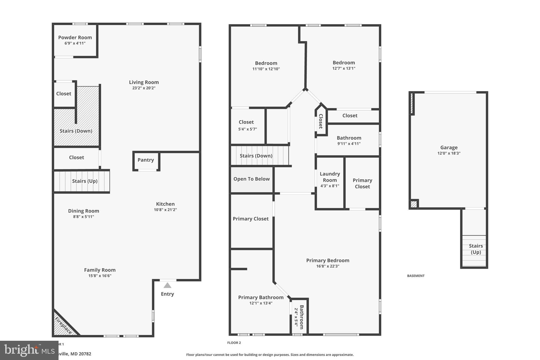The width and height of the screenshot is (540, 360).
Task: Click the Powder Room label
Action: (x=75, y=37)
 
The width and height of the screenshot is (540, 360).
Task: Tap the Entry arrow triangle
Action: (x=167, y=285)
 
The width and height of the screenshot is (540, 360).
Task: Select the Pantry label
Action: (x=146, y=160)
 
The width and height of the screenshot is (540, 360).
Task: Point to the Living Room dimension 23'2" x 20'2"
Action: (x=144, y=88)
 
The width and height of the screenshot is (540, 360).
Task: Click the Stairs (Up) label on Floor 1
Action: (x=85, y=181)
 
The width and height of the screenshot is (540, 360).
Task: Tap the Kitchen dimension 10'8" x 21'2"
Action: (x=165, y=210)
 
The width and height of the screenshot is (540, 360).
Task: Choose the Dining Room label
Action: (x=83, y=211)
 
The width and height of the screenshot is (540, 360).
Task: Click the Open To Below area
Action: (x=251, y=179)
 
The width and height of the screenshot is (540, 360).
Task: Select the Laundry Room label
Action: (x=330, y=177)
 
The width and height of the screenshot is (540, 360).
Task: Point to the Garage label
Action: (x=449, y=147)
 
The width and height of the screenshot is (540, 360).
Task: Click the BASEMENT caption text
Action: (x=416, y=276)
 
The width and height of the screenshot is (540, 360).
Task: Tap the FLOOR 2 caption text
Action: (x=234, y=343)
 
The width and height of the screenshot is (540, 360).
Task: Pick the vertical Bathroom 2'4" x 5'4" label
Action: (x=299, y=317)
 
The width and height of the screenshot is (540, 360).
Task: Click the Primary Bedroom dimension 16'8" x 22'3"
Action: (x=327, y=266)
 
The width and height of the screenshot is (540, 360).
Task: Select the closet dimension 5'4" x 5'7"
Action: (x=247, y=129)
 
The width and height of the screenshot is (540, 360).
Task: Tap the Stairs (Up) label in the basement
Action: (x=476, y=249)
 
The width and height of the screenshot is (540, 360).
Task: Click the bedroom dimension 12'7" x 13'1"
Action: (x=344, y=68)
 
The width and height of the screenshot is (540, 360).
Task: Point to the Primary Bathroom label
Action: (x=261, y=297)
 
